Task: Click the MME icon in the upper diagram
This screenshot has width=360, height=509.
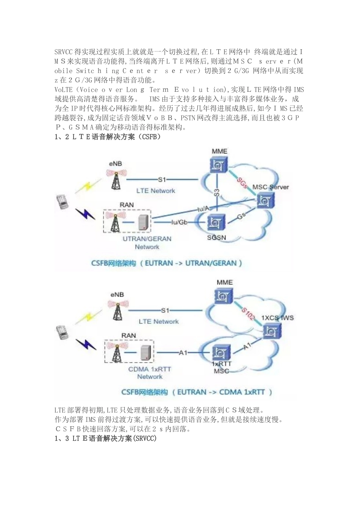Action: pyautogui.click(x=219, y=164)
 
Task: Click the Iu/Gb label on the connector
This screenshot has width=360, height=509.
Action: pyautogui.click(x=180, y=222)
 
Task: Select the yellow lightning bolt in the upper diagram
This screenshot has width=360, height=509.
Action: pyautogui.click(x=88, y=187)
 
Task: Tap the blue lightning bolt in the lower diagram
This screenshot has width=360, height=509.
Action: pyautogui.click(x=85, y=344)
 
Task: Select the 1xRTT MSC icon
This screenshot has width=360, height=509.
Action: pyautogui.click(x=221, y=352)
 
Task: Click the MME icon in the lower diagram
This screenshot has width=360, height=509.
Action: pyautogui.click(x=224, y=295)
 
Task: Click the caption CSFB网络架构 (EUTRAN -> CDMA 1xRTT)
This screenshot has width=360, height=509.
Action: pyautogui.click(x=196, y=392)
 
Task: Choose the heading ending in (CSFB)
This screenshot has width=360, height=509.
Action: pyautogui.click(x=108, y=137)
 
